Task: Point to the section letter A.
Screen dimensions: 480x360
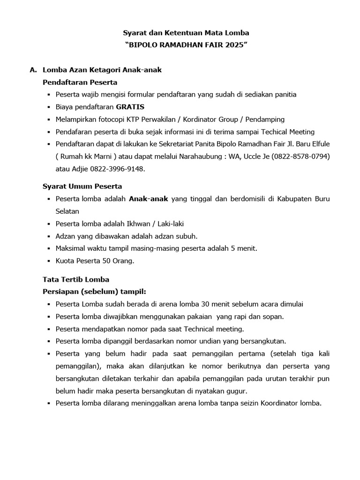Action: point(33,70)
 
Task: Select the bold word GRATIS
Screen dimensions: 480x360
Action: point(130,107)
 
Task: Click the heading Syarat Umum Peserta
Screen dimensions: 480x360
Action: point(82,186)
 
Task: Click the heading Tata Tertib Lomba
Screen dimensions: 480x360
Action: point(76,279)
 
